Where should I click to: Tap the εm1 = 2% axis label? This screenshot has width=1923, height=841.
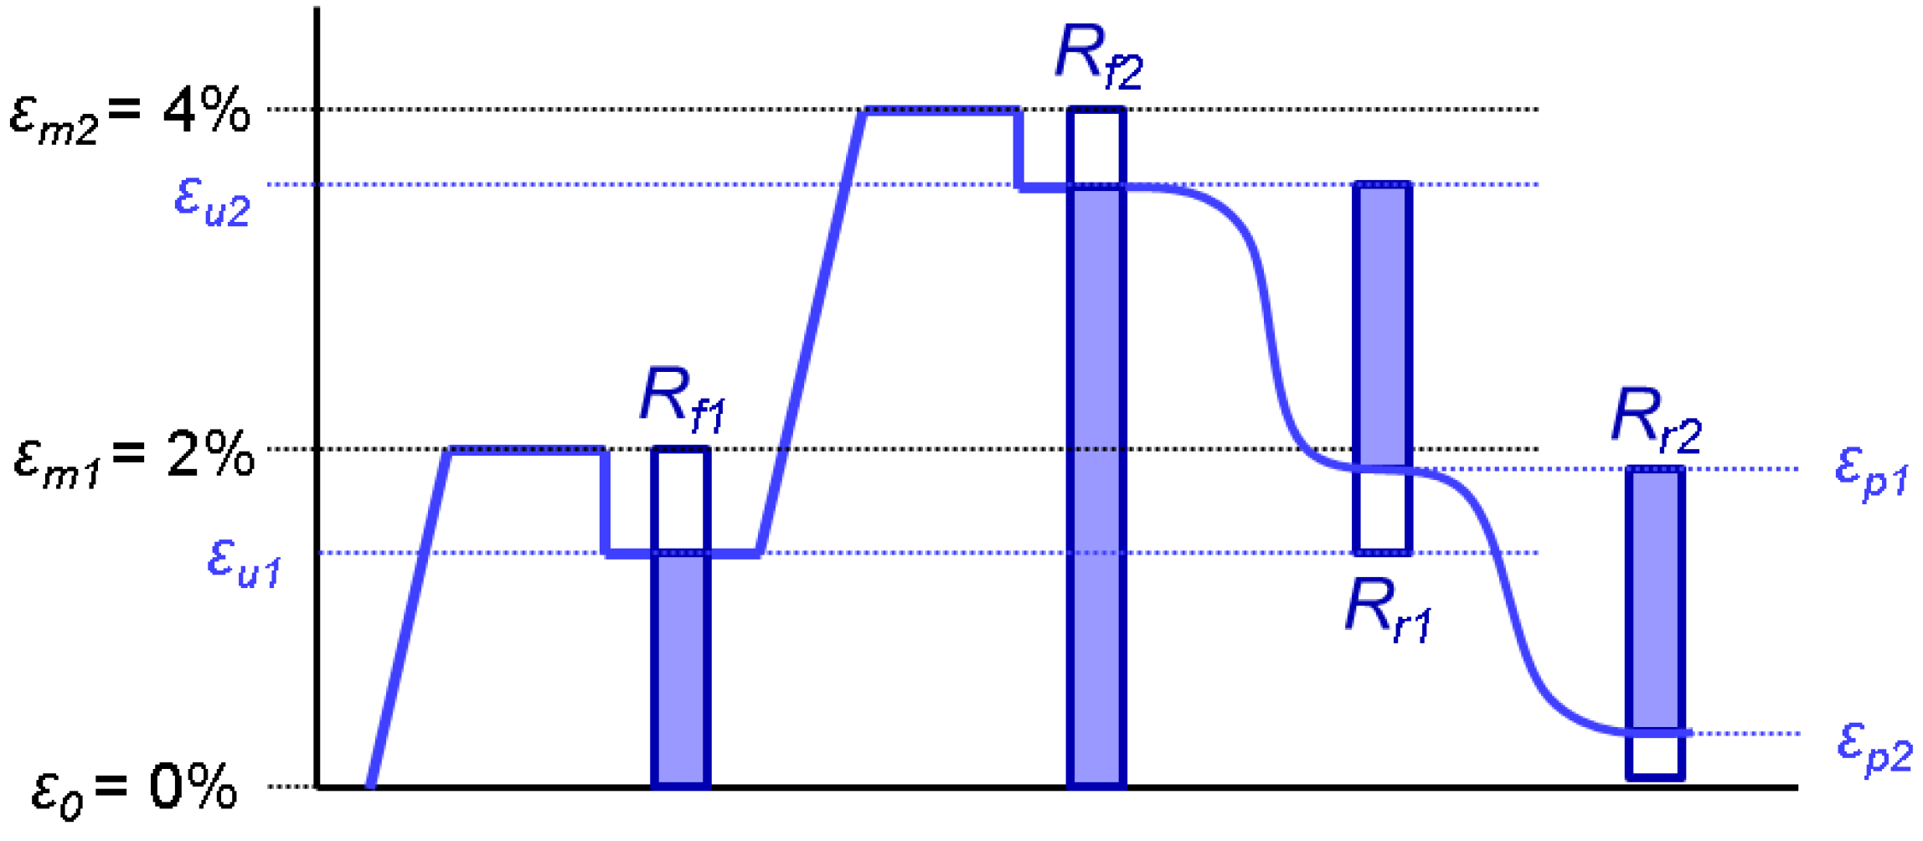pos(134,457)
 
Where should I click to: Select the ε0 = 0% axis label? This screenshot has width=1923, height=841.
pos(134,789)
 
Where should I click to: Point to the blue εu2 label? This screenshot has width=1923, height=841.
pos(212,202)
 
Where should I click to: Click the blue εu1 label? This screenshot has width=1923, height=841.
pos(244,563)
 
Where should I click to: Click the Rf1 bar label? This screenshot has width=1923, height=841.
pos(682,400)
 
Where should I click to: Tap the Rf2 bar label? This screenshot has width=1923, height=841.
pos(1098,57)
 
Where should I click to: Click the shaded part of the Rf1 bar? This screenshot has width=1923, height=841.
pos(681,670)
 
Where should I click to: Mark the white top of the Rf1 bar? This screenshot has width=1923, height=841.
pos(681,500)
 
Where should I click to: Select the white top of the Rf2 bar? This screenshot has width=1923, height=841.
pos(1096,147)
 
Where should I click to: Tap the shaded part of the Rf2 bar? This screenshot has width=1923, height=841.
pos(1096,486)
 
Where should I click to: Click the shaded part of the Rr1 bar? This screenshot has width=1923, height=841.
pos(1383,327)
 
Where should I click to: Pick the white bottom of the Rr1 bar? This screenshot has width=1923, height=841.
pos(1383,511)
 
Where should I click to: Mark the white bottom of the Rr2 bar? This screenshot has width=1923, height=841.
pos(1655,756)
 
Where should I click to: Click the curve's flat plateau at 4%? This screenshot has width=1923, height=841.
pos(942,111)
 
